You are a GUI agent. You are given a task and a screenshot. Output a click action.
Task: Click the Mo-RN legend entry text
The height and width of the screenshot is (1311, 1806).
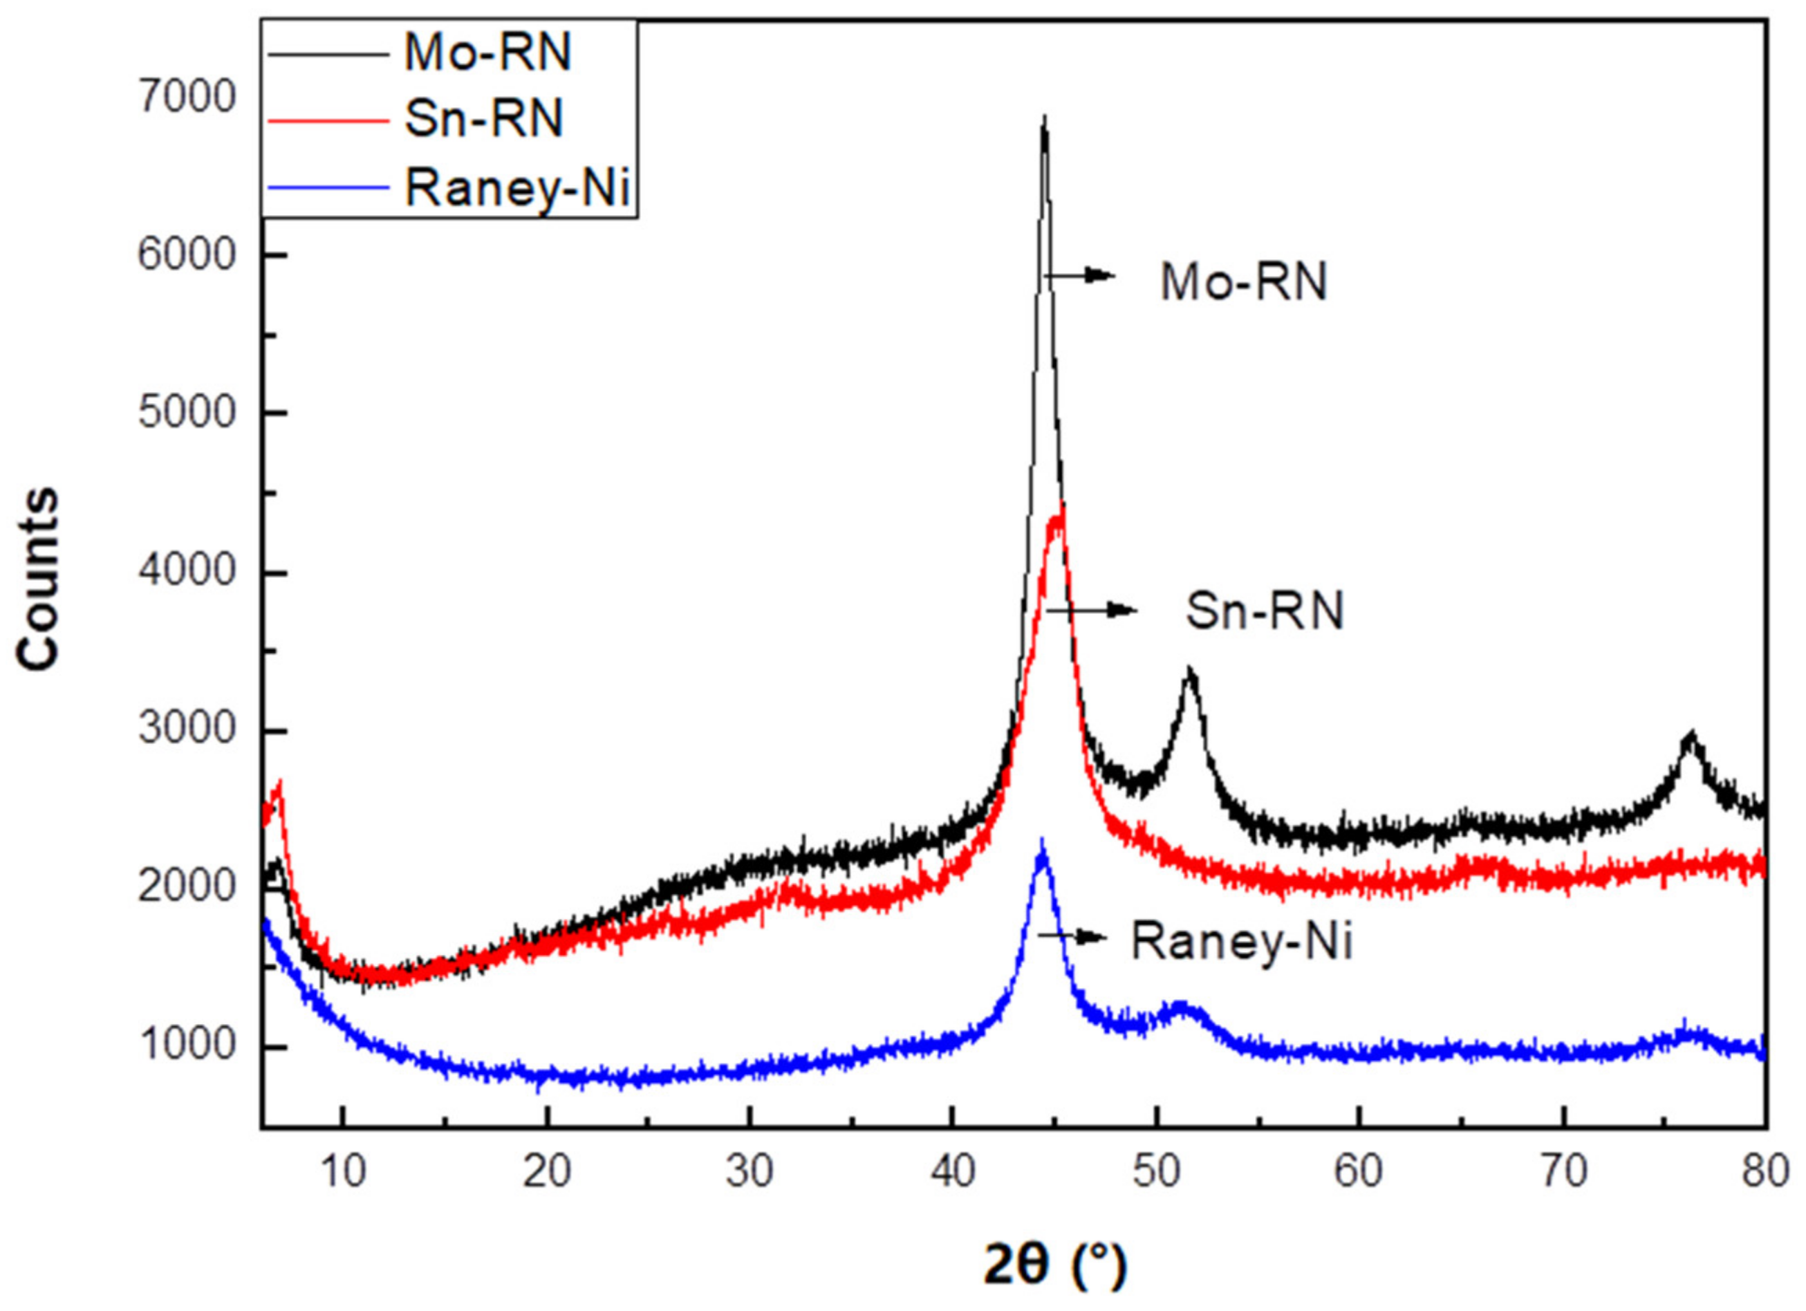click(x=487, y=53)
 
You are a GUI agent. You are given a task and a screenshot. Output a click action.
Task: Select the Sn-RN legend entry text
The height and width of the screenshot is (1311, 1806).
click(x=484, y=120)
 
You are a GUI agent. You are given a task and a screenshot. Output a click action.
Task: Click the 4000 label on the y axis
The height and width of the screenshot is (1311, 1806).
click(x=187, y=571)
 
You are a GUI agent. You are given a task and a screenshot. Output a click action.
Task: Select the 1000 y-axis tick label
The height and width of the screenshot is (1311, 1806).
click(x=187, y=1045)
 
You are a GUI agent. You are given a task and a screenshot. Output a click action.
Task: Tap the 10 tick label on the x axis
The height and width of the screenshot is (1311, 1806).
click(x=343, y=1171)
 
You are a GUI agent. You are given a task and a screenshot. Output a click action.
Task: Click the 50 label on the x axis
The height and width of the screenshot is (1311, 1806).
click(x=1156, y=1171)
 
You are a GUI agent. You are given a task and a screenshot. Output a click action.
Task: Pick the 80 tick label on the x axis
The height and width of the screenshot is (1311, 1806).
click(x=1765, y=1171)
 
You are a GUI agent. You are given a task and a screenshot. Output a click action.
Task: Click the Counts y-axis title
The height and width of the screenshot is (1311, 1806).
click(x=37, y=579)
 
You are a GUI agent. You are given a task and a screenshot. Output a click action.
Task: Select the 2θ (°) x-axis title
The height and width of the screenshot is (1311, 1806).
click(x=1056, y=1265)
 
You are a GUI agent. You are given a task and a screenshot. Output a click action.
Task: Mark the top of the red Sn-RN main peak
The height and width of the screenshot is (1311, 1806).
click(x=1060, y=510)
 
